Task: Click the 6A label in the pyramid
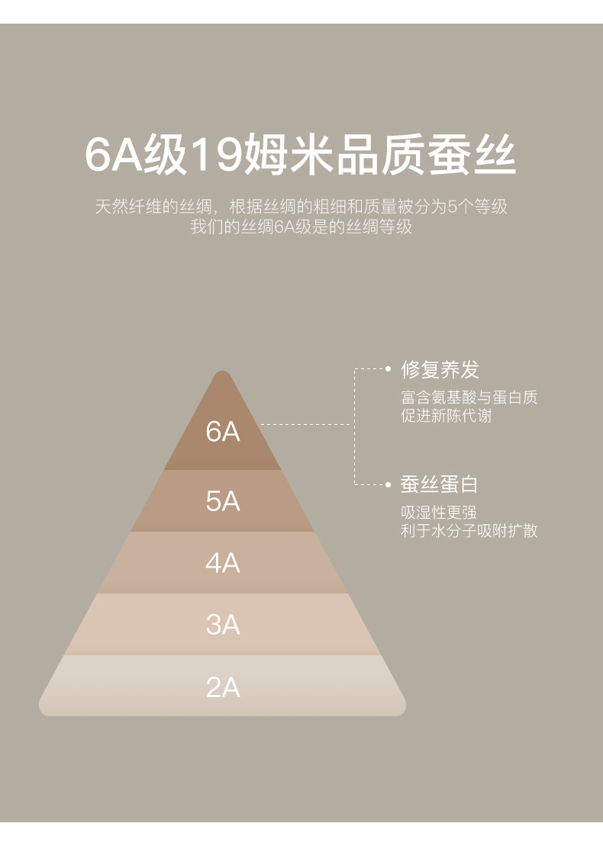tap(223, 432)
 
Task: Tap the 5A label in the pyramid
tap(223, 501)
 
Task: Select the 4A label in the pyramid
tap(223, 563)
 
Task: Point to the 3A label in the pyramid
tap(223, 625)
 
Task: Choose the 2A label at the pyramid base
tap(223, 687)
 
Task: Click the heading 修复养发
tap(440, 369)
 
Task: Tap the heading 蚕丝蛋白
tap(440, 484)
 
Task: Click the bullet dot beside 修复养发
tap(389, 369)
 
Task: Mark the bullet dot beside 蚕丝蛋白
tap(389, 484)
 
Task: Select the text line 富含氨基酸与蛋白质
tap(469, 397)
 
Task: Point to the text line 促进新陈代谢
tap(447, 416)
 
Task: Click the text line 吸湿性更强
tap(439, 513)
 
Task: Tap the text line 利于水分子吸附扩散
tap(469, 530)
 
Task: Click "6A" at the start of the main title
tap(113, 155)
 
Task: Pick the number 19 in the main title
tap(217, 155)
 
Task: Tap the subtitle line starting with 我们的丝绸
tap(301, 227)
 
